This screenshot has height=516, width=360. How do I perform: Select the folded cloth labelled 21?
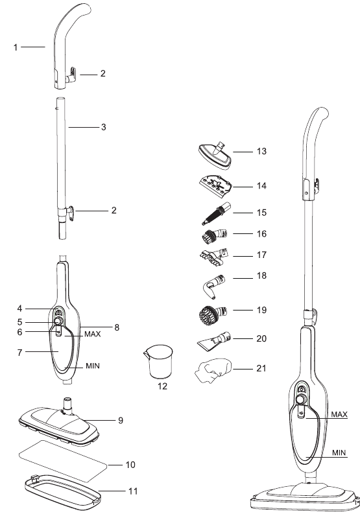click(213, 371)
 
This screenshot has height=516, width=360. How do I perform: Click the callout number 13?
click(261, 152)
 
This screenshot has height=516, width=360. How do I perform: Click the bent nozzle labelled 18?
click(212, 283)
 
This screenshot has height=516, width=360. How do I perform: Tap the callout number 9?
click(121, 420)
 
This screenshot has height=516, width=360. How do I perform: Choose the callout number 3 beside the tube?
click(102, 128)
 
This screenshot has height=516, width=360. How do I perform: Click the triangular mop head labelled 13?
click(213, 154)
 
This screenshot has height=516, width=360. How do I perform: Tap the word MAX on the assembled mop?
click(339, 414)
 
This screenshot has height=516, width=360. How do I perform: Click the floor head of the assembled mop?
click(303, 496)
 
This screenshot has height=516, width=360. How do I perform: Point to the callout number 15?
click(261, 213)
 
